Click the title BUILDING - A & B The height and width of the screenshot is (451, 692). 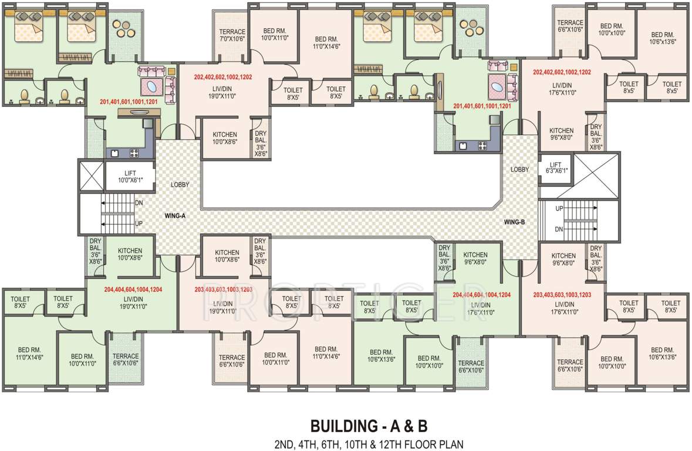[369, 426]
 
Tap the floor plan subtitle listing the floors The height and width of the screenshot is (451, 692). [369, 443]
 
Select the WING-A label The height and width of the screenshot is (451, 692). [175, 216]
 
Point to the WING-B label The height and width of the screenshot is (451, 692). [514, 222]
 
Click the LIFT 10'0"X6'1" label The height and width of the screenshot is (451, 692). [130, 177]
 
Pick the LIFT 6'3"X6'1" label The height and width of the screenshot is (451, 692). [556, 168]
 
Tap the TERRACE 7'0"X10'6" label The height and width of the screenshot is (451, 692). [232, 35]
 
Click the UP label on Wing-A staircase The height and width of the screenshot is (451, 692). [139, 224]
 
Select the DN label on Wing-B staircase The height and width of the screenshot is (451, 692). [559, 229]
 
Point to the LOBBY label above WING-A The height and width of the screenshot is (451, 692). [180, 184]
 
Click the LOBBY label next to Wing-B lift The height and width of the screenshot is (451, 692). [519, 169]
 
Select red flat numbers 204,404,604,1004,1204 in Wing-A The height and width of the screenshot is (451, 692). [133, 290]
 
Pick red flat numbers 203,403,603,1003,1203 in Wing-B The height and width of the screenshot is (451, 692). [562, 295]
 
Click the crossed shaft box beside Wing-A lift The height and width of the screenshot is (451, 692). [92, 176]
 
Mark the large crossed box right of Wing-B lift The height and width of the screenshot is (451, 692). [597, 176]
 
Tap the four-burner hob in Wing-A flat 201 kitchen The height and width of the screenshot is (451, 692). [134, 153]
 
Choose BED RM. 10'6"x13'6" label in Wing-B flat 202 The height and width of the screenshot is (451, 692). [663, 38]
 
